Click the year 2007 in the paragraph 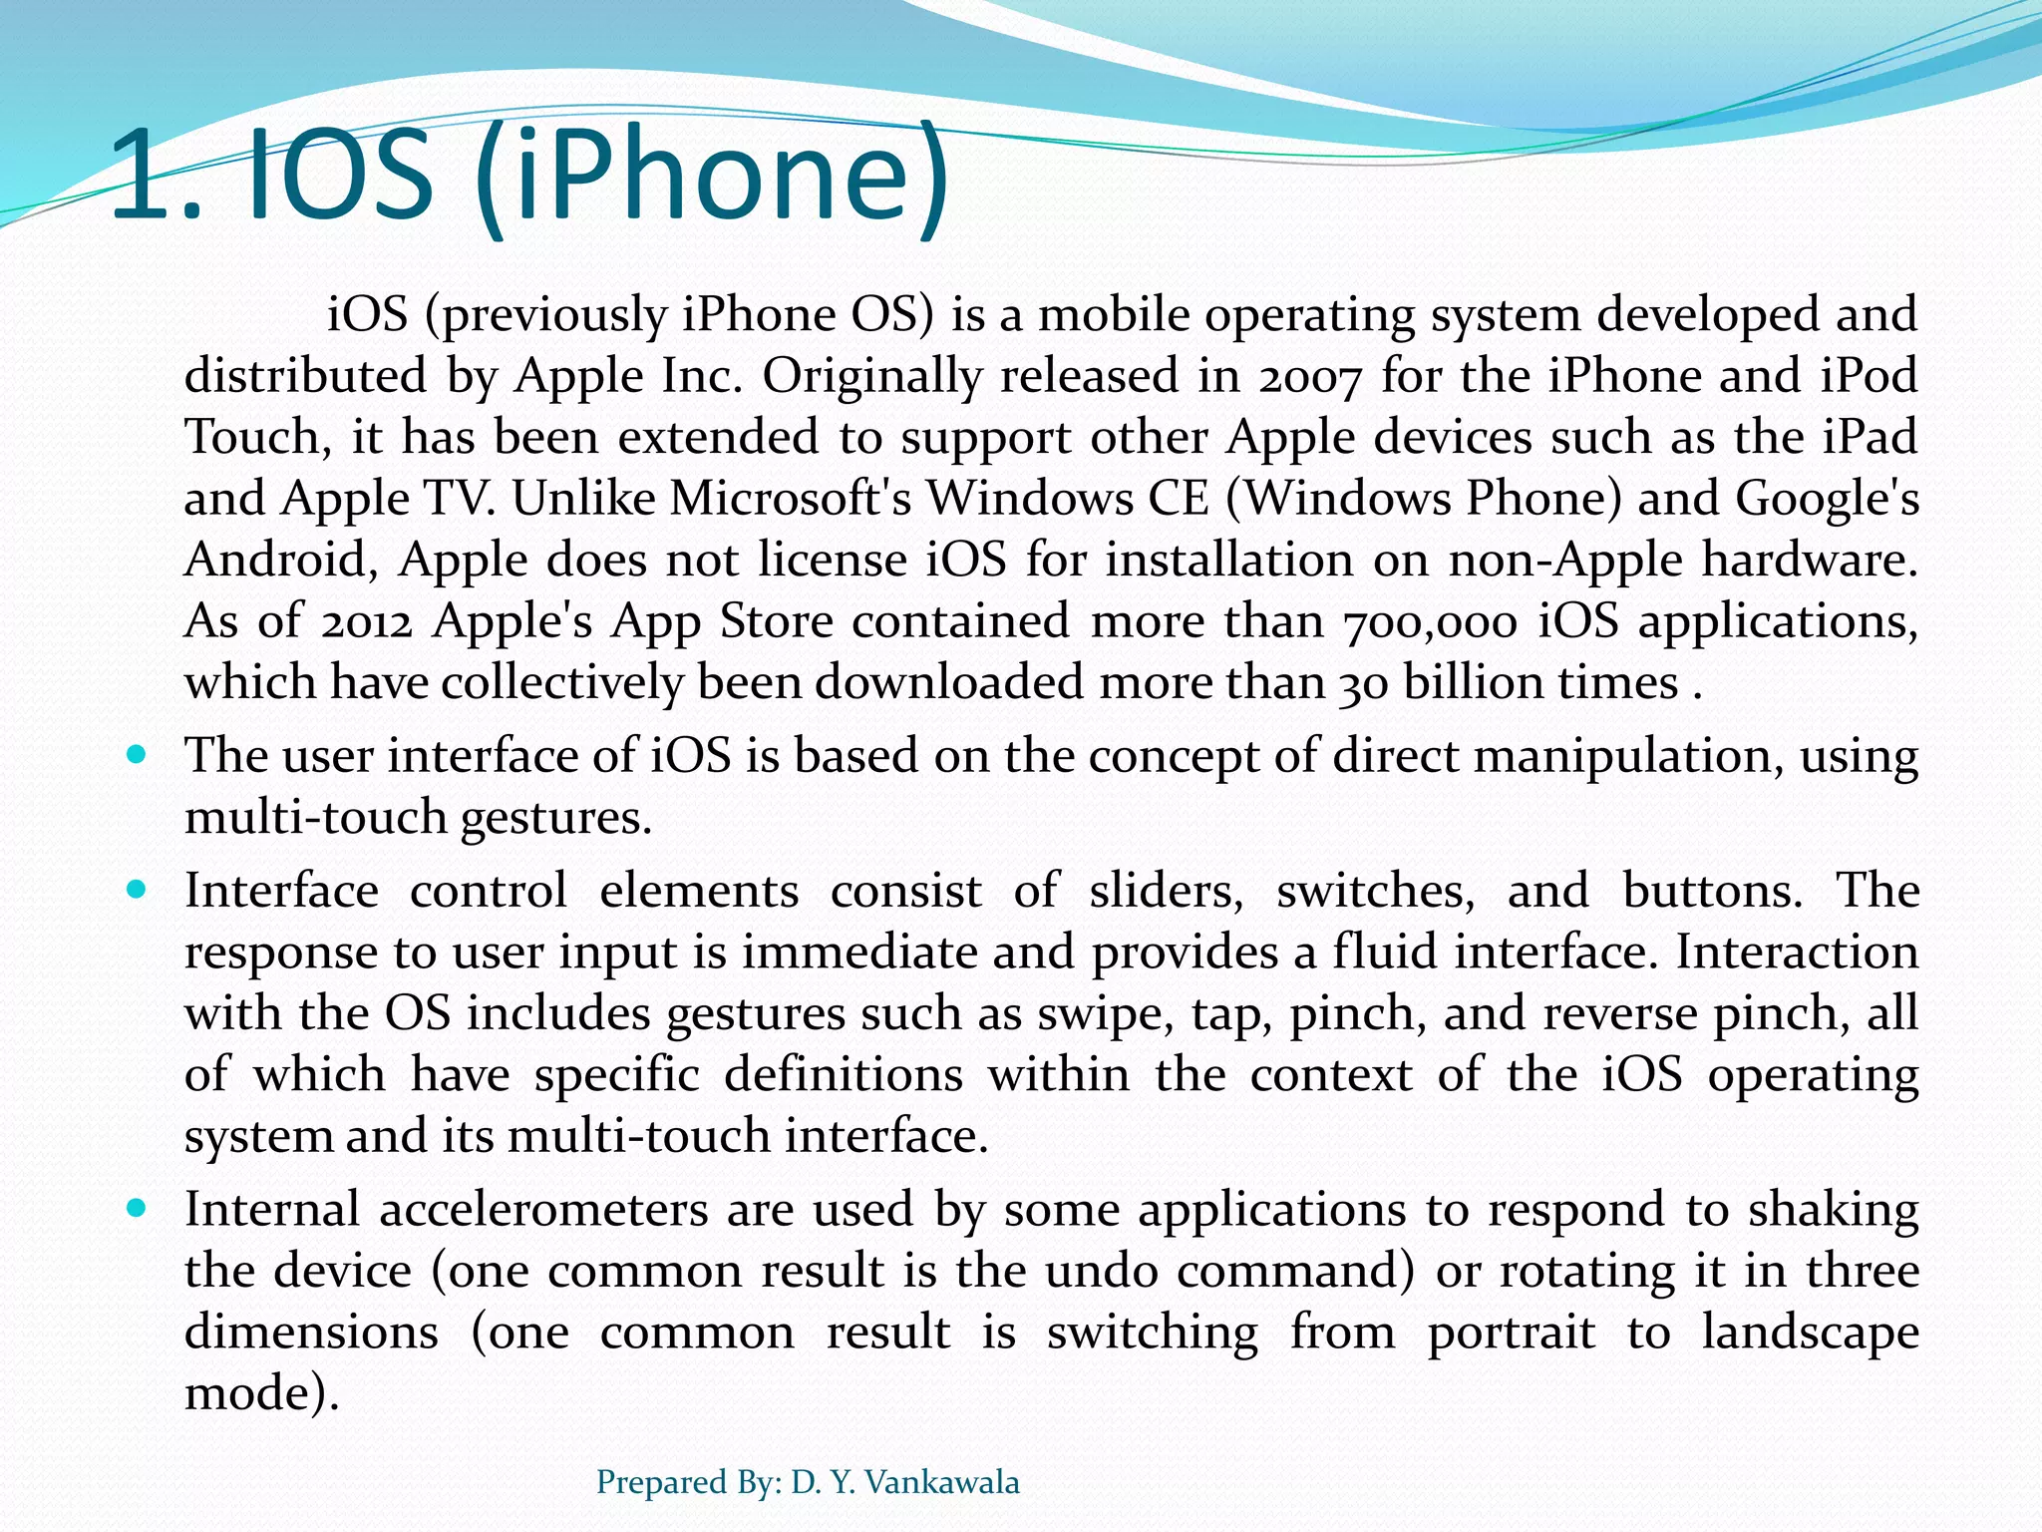(1309, 377)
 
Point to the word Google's (1827, 499)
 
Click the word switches (1375, 891)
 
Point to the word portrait (1511, 1334)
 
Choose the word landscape (1810, 1334)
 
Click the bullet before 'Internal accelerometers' (138, 1208)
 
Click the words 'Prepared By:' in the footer (688, 1482)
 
